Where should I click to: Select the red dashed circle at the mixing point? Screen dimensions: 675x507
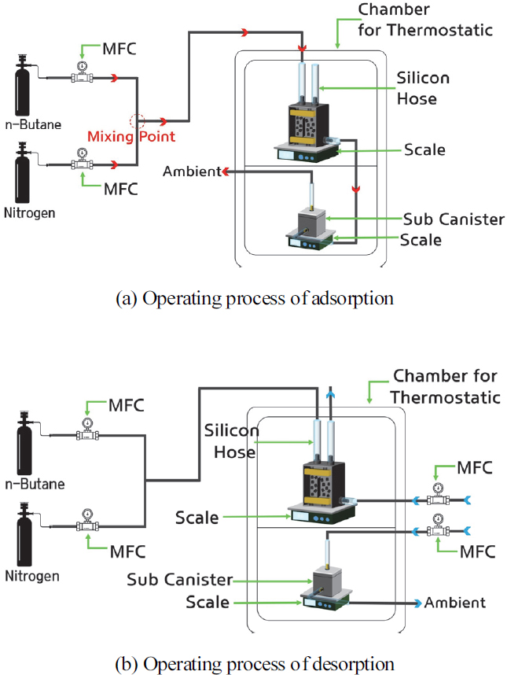click(138, 122)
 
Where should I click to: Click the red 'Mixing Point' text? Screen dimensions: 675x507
click(130, 136)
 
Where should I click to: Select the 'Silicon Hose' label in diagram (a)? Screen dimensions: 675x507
click(424, 89)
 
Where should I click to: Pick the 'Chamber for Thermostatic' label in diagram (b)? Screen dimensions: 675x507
click(446, 386)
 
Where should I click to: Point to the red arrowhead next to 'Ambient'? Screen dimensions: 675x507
click(225, 172)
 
